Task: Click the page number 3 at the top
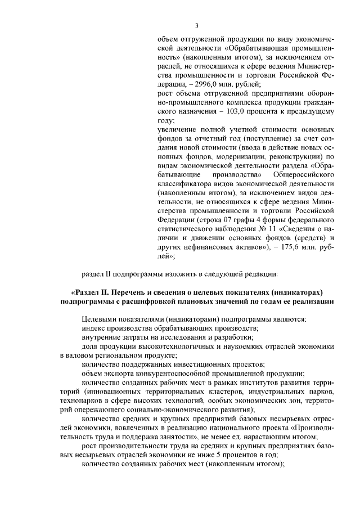coord(197,25)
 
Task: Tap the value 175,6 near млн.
coord(287,246)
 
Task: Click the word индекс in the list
coord(92,328)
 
